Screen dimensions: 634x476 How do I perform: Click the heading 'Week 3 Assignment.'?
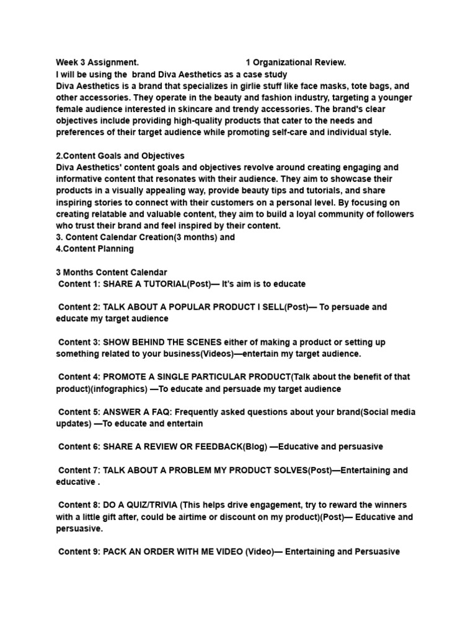coord(97,63)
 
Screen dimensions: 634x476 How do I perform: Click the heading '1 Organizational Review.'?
coord(296,63)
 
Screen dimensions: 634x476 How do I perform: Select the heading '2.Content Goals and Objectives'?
coord(120,156)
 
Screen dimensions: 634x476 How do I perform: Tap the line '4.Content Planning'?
coord(95,249)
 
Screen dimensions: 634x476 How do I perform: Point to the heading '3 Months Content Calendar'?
coord(112,272)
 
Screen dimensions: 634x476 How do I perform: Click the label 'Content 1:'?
coord(79,284)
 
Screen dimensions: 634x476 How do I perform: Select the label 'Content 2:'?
coord(79,307)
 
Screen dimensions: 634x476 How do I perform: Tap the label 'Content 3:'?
coord(79,342)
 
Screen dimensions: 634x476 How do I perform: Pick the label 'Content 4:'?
coord(79,377)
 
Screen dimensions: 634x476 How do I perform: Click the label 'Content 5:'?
coord(79,412)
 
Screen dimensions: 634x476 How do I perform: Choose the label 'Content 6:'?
coord(79,447)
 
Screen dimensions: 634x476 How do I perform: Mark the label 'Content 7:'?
coord(79,471)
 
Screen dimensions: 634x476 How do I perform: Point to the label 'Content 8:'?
coord(79,505)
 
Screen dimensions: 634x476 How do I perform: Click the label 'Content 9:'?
coord(79,552)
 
